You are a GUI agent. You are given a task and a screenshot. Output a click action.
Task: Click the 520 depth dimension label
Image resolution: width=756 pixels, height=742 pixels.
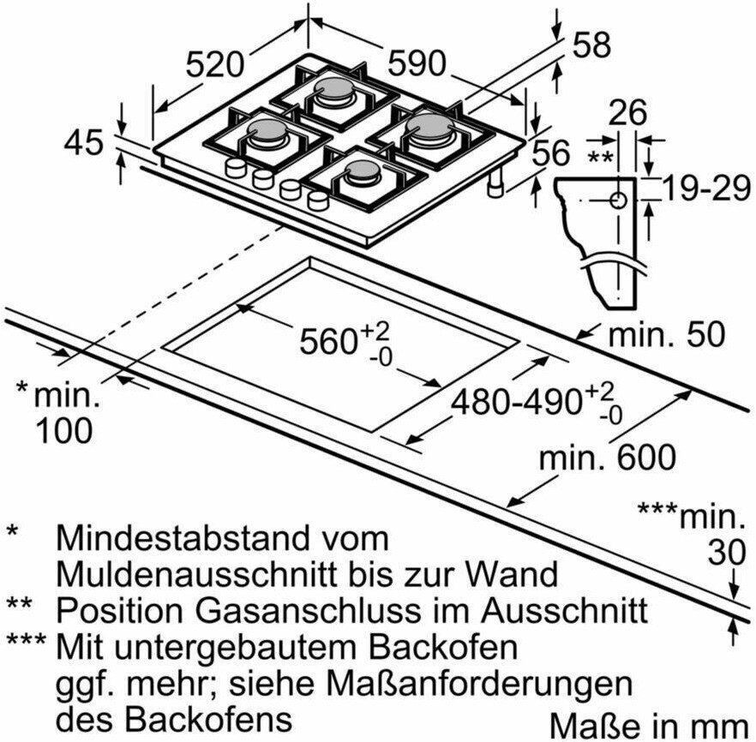(x=214, y=65)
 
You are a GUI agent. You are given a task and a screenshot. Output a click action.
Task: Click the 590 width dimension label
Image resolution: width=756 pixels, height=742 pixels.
(x=417, y=63)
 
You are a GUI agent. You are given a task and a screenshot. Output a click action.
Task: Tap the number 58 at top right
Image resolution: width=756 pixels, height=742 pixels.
(x=591, y=45)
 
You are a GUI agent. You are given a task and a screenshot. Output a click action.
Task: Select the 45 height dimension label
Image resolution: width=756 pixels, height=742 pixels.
(x=84, y=141)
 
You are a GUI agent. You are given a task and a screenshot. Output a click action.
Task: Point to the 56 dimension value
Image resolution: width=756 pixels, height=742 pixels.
(x=551, y=153)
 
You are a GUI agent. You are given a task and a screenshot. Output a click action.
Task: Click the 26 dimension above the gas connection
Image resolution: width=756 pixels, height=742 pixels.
(x=627, y=113)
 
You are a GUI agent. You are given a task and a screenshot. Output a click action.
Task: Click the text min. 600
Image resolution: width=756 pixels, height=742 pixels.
(x=608, y=458)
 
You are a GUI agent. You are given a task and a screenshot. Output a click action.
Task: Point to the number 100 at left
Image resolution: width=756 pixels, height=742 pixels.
(x=63, y=430)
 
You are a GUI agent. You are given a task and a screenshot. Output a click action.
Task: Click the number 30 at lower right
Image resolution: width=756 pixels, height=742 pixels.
(x=727, y=552)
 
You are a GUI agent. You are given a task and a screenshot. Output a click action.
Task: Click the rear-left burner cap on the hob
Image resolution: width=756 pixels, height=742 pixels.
(x=333, y=88)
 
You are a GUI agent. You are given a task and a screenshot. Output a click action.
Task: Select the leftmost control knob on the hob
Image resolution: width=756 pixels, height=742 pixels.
(x=235, y=169)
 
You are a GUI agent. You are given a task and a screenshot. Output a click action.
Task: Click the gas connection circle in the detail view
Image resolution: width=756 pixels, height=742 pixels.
(x=618, y=200)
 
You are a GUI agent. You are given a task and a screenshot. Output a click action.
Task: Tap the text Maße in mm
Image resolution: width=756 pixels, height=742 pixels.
(x=649, y=726)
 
